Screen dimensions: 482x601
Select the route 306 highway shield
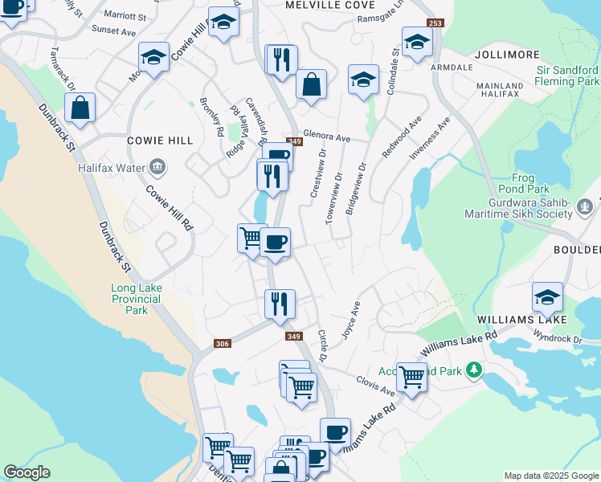point(223,344)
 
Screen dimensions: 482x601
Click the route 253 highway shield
point(435,24)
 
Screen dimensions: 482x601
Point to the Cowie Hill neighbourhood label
point(161,141)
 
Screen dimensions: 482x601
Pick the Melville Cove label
point(320,5)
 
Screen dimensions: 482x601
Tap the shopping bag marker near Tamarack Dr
point(80,108)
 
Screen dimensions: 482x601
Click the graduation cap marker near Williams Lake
point(547,297)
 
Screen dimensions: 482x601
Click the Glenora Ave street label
point(327,137)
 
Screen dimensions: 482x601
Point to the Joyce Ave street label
point(351,321)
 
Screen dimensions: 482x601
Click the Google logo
point(27,472)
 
